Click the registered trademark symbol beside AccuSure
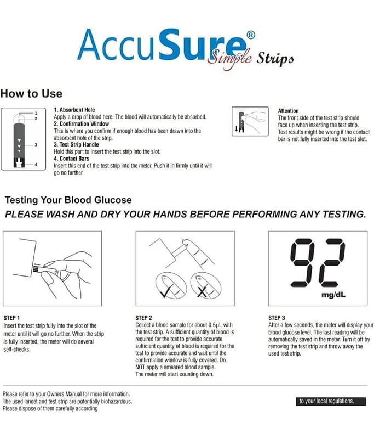tap(251, 35)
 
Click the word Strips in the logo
tap(275, 59)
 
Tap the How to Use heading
tap(31, 93)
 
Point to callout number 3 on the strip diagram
tap(36, 145)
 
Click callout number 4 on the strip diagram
tap(36, 164)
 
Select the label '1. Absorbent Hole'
tap(74, 110)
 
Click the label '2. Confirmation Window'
tap(81, 124)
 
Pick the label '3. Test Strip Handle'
tap(76, 144)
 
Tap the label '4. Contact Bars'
tap(71, 159)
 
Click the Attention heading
tap(288, 111)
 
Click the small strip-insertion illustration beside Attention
tap(250, 121)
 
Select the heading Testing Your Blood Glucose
tap(68, 200)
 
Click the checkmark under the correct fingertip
tap(165, 292)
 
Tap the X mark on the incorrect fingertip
tap(202, 291)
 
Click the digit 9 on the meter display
tap(302, 263)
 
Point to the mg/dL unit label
tap(333, 295)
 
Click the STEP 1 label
tap(11, 318)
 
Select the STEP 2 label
tap(143, 318)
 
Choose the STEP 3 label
tap(277, 318)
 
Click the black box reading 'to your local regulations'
tap(331, 401)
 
